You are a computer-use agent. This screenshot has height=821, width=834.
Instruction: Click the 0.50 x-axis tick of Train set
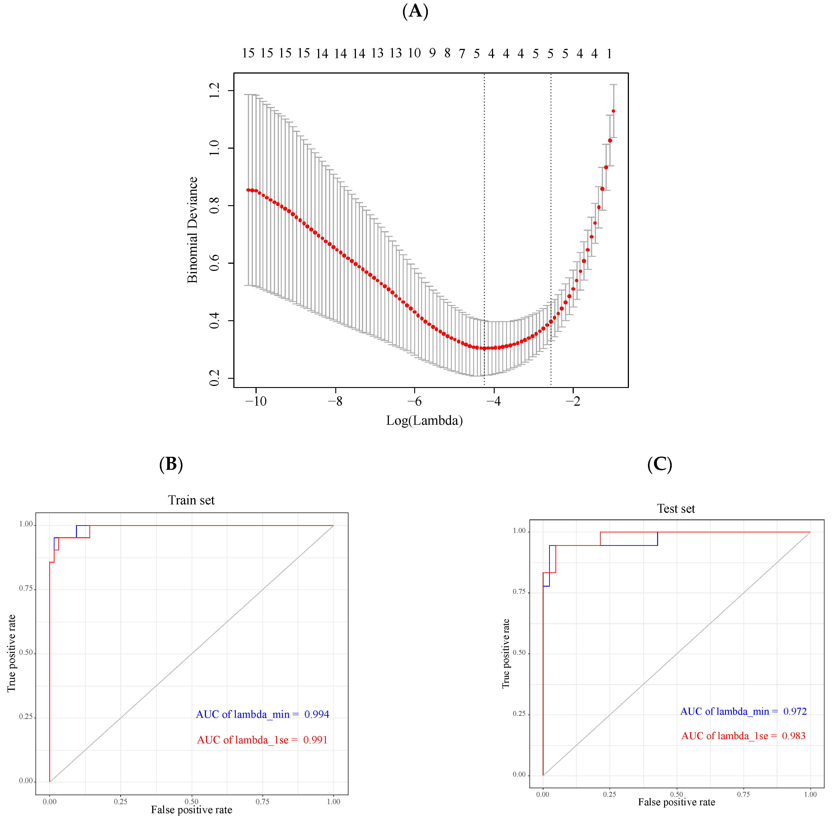click(191, 801)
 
